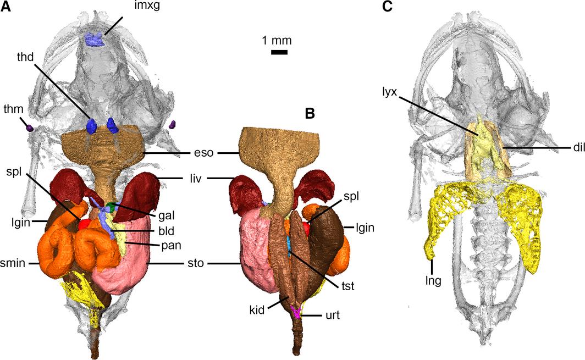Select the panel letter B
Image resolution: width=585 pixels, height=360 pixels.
(310, 113)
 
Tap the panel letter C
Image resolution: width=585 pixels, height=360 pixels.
(387, 7)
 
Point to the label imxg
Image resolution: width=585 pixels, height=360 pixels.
(147, 6)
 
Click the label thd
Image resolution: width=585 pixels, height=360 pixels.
(25, 57)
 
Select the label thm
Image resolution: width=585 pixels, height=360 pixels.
(13, 109)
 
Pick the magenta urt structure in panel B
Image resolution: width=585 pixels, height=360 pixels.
(297, 312)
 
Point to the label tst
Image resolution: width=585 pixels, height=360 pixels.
(348, 286)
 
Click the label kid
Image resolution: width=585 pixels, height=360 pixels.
(257, 309)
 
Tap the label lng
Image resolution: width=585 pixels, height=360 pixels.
(433, 280)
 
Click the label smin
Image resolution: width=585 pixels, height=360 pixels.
(13, 263)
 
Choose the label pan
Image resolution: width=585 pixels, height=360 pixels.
(165, 246)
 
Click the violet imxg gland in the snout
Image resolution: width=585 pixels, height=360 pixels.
(95, 39)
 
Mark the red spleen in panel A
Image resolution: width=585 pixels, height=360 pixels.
(84, 224)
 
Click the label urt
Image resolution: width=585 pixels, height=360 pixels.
(333, 315)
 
